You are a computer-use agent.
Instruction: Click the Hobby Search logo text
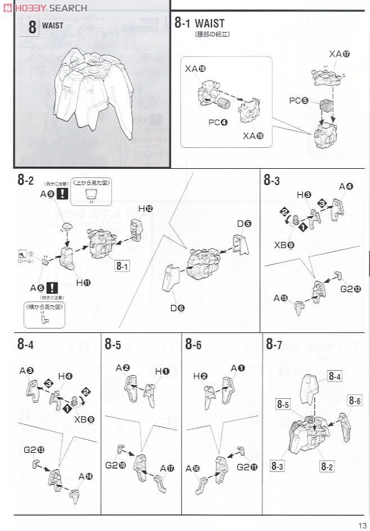pos(50,8)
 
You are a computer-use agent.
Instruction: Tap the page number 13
pos(360,524)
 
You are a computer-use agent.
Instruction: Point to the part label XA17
pos(339,54)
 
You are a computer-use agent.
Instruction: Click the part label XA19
pos(253,136)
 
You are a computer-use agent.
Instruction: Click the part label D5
pos(243,223)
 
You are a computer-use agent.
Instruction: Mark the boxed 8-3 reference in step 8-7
pos(278,465)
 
